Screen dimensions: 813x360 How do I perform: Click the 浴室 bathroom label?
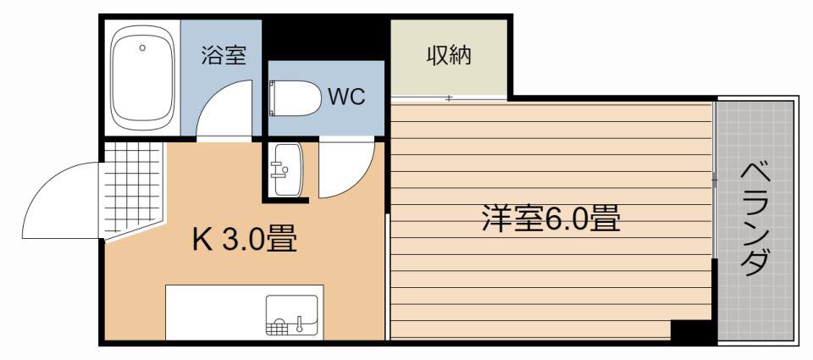[x=224, y=55]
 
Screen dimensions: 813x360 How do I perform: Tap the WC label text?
[x=346, y=97]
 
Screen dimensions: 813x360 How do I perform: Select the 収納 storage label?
[x=449, y=56]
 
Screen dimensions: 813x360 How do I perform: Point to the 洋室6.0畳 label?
[x=551, y=219]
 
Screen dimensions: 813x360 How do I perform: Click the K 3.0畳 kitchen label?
[x=245, y=240]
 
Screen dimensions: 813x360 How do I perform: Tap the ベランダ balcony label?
[x=754, y=220]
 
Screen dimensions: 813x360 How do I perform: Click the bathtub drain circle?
[x=142, y=47]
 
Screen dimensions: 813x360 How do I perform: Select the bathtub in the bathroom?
[x=142, y=78]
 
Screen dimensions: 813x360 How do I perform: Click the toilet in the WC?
[x=296, y=98]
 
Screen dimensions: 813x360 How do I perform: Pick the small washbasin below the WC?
[x=287, y=169]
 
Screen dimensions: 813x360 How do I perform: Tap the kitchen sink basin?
[x=291, y=315]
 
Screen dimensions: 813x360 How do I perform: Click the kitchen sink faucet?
[x=299, y=324]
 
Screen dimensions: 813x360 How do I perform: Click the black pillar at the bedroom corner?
[x=691, y=330]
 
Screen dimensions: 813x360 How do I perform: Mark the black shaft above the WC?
[x=325, y=38]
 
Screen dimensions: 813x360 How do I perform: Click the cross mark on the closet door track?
[x=449, y=97]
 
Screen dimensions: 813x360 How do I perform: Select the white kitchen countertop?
[x=244, y=313]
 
